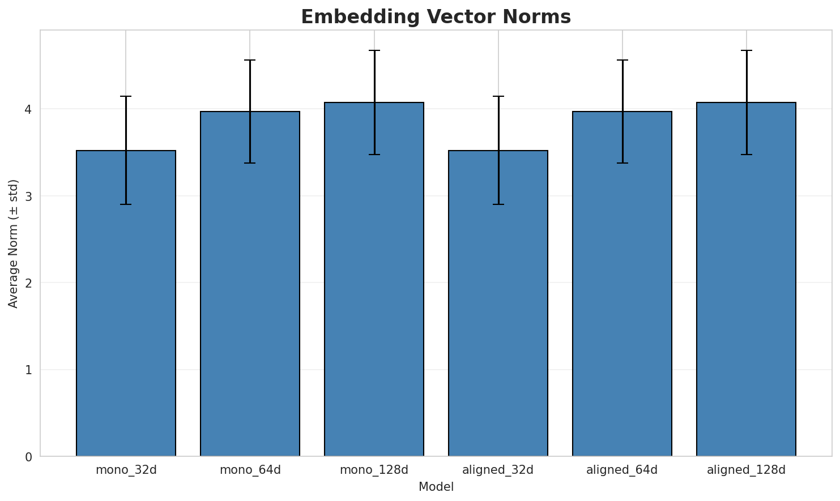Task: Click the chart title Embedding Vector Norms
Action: tap(436, 17)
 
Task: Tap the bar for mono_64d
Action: tap(250, 284)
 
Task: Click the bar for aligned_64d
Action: tap(622, 284)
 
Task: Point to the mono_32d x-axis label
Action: tap(126, 470)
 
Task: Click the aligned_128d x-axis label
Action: tap(746, 470)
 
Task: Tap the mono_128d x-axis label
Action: tap(374, 470)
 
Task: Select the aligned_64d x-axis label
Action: tap(622, 470)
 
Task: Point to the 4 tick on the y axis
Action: tap(28, 109)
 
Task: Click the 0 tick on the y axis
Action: tap(28, 457)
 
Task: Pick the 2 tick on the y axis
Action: tap(28, 283)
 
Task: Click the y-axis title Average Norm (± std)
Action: tap(14, 243)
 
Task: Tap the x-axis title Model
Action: tap(436, 487)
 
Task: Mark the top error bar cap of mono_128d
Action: tap(374, 50)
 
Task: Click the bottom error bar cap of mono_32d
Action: tap(126, 204)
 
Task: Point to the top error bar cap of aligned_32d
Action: tap(498, 97)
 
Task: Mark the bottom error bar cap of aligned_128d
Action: tap(746, 155)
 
